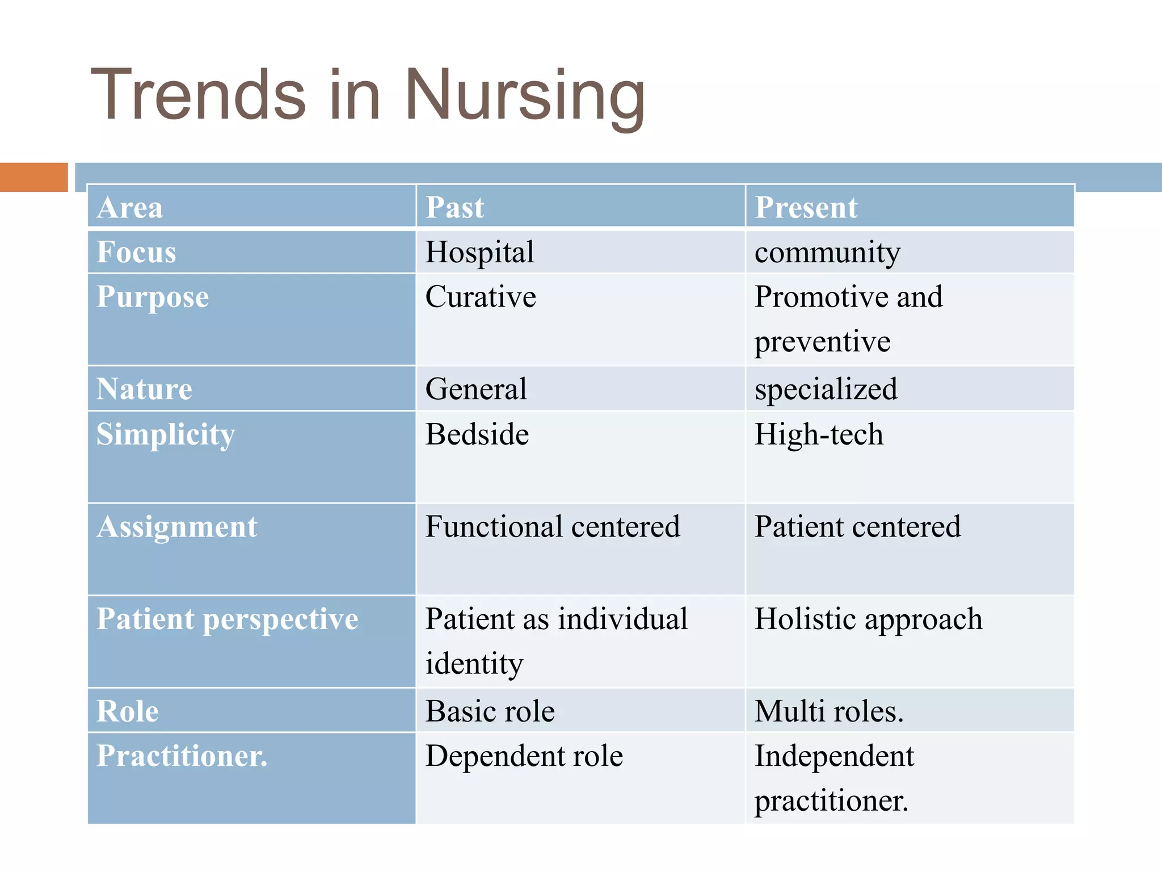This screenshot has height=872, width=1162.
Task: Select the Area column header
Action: [130, 207]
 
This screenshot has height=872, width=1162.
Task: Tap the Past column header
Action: [455, 207]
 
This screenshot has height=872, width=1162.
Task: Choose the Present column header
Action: [806, 207]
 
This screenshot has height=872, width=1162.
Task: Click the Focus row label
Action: [136, 252]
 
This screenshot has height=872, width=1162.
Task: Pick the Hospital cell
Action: [480, 252]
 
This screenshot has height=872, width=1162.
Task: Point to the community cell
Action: [827, 252]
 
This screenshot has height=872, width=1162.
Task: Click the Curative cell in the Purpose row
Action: [481, 297]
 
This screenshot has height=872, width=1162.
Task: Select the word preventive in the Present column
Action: [822, 342]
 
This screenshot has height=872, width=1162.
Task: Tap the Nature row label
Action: [144, 389]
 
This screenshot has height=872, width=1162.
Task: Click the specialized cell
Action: [826, 389]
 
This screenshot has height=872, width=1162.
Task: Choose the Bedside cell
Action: [477, 435]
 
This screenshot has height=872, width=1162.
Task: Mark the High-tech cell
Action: [819, 435]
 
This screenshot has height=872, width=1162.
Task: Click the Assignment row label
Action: [177, 527]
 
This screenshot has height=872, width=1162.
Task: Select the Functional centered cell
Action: [553, 527]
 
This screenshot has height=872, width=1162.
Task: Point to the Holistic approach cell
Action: [868, 619]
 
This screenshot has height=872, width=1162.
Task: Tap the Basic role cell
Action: [490, 711]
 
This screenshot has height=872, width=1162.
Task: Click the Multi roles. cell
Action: [829, 711]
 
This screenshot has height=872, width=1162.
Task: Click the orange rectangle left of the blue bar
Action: [33, 177]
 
